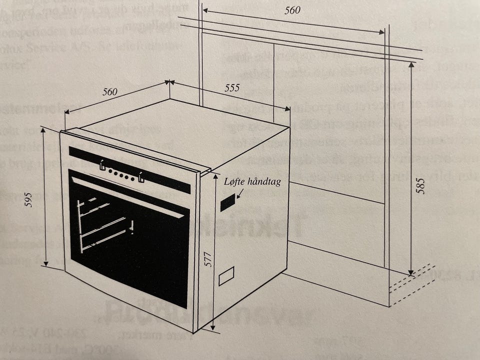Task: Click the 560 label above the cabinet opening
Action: (x=292, y=10)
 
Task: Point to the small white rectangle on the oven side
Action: (x=226, y=276)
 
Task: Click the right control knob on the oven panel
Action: (x=140, y=176)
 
